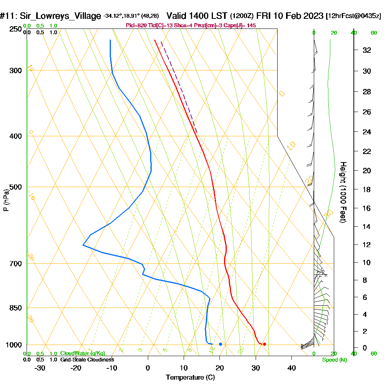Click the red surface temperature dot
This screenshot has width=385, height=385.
point(264,344)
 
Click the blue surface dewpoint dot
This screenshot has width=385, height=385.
point(220,344)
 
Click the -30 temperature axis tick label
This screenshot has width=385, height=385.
point(40,368)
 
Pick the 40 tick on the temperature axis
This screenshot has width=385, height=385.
point(291,368)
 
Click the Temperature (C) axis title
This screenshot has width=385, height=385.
point(190,378)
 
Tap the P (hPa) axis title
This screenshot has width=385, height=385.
point(6,200)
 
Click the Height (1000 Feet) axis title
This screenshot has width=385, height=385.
point(343,192)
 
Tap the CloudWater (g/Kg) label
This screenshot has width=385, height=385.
point(82,353)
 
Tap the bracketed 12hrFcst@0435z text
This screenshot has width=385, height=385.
point(353,16)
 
